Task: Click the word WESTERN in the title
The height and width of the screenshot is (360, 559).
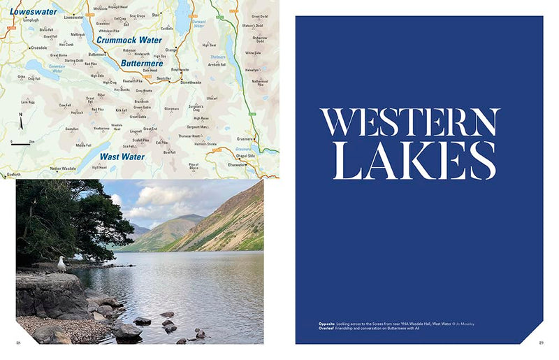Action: coord(410,124)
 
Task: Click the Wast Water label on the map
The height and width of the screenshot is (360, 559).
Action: coord(122,157)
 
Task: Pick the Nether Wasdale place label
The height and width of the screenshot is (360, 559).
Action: coord(64,168)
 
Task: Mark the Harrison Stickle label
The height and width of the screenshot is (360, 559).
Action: coord(205,143)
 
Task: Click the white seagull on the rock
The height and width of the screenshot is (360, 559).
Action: coord(61,264)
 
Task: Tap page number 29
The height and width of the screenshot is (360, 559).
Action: coord(540,343)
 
